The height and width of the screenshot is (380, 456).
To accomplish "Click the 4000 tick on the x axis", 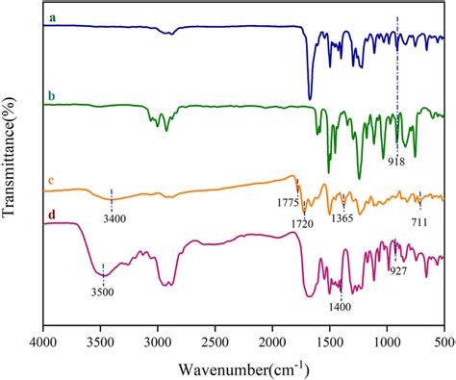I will (x=43, y=341).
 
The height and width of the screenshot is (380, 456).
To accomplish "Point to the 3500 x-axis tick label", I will (x=101, y=341).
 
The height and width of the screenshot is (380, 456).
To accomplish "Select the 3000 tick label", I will (x=158, y=341).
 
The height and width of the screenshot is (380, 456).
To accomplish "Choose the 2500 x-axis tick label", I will (x=215, y=341).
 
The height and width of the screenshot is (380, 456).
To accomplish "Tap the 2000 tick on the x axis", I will (x=272, y=341).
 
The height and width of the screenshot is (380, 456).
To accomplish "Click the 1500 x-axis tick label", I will (x=330, y=341).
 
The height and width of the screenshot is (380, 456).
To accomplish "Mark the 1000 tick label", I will (x=387, y=341).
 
